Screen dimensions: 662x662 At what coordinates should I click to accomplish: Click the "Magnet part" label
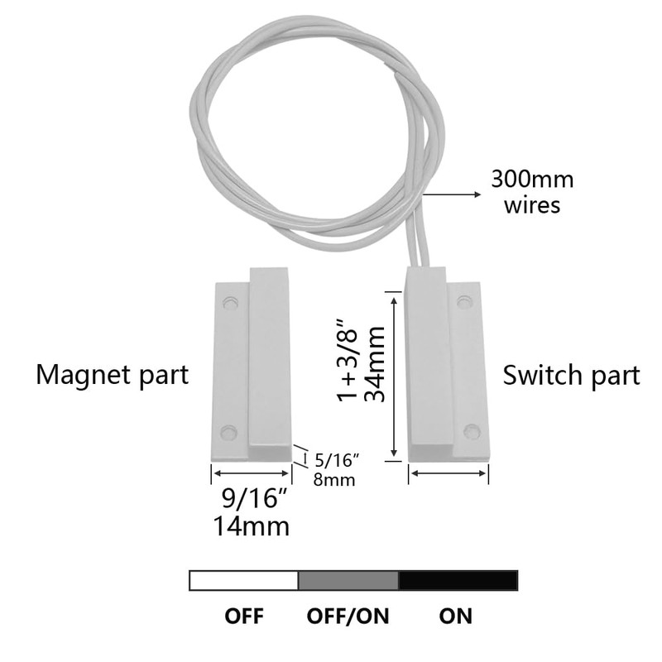[113, 375]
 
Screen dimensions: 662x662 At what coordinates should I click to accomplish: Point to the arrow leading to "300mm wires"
[451, 194]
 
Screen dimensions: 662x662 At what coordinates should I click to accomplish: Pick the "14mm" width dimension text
[252, 525]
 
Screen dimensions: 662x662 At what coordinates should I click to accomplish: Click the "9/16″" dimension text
[252, 500]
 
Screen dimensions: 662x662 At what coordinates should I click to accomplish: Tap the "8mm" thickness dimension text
[333, 479]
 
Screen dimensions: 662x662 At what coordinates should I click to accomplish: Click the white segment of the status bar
[244, 580]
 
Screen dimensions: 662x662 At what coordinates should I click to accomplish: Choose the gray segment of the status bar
[348, 580]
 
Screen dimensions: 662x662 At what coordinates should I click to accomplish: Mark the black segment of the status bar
[458, 580]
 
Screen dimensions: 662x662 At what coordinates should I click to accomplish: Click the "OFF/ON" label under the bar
[348, 616]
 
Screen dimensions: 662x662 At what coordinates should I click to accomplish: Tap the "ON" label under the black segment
[456, 616]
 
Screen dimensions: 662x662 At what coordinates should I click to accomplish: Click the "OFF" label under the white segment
[244, 616]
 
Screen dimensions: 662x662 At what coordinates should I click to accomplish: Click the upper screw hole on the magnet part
[230, 303]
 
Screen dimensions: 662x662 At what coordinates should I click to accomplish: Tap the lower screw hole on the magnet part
[229, 432]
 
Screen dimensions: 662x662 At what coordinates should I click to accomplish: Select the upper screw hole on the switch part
[465, 302]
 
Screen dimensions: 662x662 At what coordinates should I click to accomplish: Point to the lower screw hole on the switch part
[471, 431]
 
